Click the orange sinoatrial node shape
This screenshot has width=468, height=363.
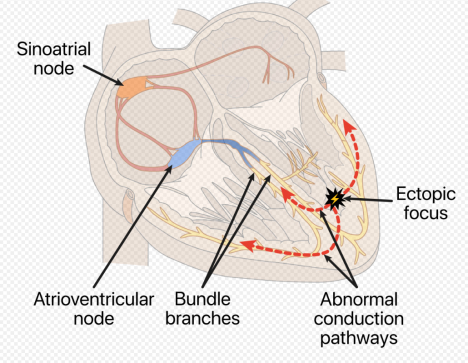131,88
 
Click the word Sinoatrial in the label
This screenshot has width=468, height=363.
54,49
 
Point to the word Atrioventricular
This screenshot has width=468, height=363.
93,299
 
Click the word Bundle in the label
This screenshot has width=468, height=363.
202,299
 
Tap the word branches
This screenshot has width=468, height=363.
202,318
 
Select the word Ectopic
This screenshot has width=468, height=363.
425,194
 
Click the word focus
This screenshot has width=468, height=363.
425,213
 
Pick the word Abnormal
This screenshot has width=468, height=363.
359,299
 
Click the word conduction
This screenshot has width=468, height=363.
359,318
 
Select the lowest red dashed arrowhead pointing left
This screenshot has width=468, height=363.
246,244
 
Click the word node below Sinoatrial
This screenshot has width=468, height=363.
53,67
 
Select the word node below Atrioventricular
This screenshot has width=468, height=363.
93,318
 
